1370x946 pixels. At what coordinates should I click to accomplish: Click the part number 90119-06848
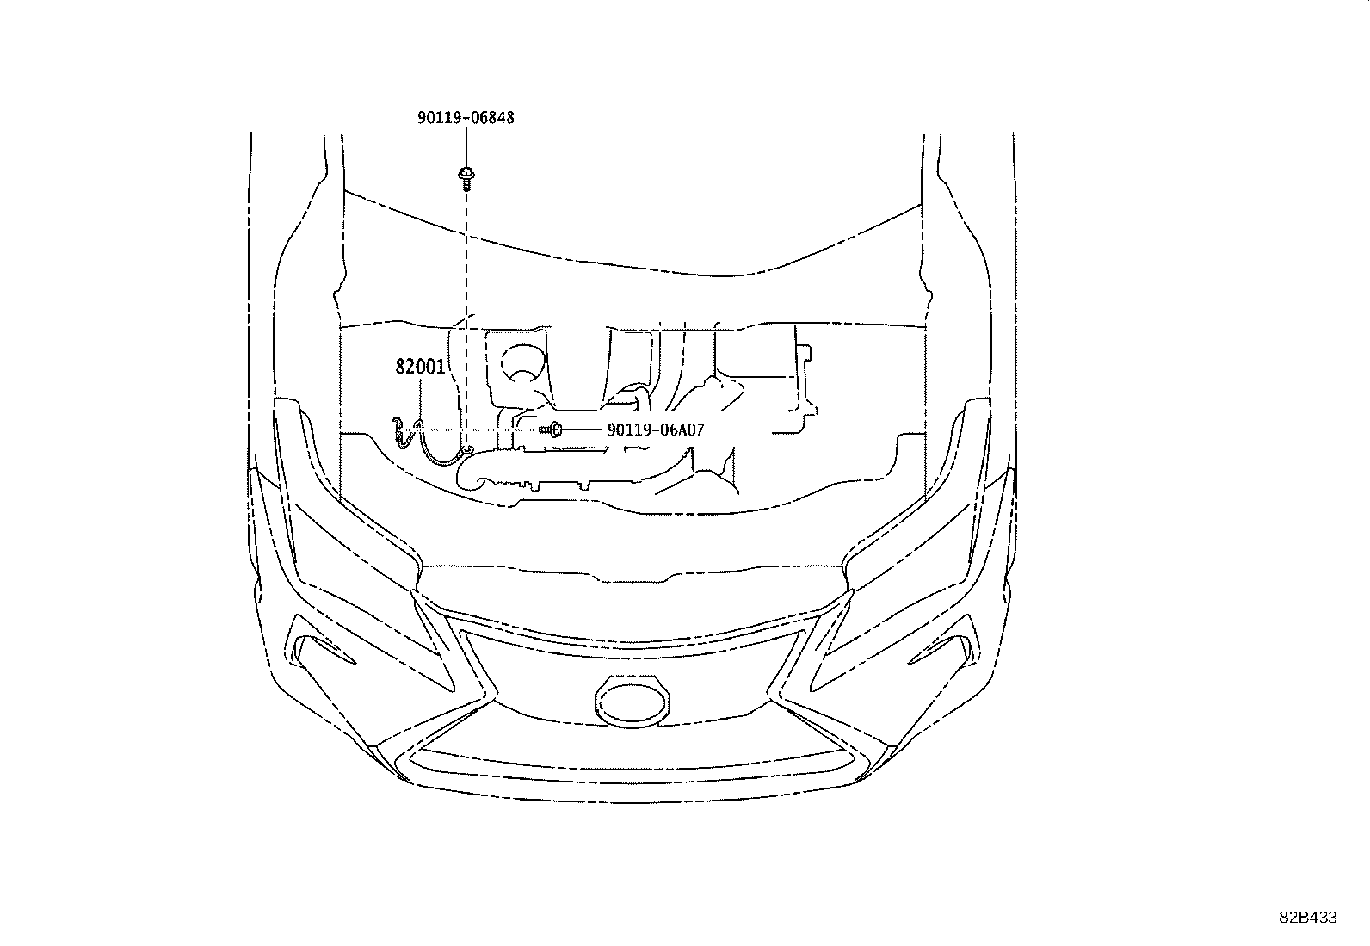coord(466,117)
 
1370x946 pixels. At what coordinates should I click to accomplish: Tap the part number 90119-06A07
coord(656,430)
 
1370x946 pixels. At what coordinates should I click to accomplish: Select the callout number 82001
coord(420,368)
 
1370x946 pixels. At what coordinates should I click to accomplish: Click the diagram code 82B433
coord(1308,918)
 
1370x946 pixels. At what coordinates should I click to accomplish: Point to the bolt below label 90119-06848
coord(466,177)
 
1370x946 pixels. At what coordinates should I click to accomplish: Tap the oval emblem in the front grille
coord(632,702)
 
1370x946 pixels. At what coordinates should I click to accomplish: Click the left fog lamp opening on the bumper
coord(321,650)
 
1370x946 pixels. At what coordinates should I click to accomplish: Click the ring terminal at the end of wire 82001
coord(468,450)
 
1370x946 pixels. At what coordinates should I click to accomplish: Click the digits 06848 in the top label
coord(490,117)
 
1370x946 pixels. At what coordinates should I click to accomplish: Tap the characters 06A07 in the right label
coord(680,430)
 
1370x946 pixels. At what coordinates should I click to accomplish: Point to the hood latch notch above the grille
coord(632,578)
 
